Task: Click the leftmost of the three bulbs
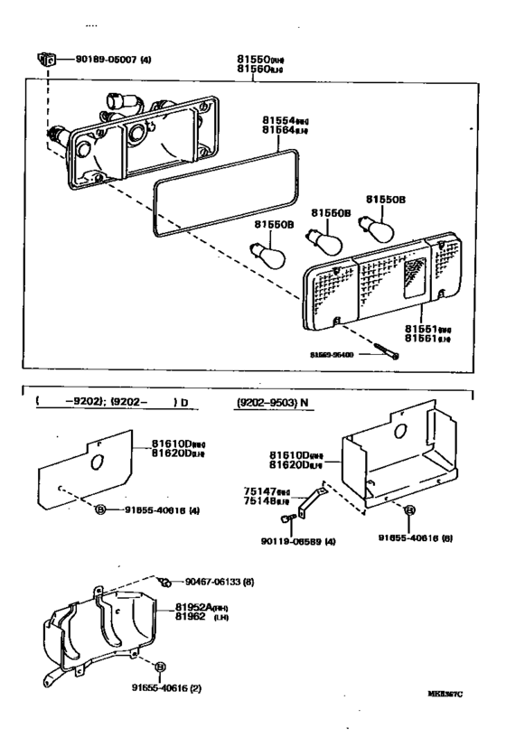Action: pos(270,253)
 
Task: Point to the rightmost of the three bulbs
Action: pos(374,224)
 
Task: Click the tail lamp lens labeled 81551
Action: pos(379,285)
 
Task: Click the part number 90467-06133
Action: pos(214,582)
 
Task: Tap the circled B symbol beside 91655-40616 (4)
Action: pos(101,509)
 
